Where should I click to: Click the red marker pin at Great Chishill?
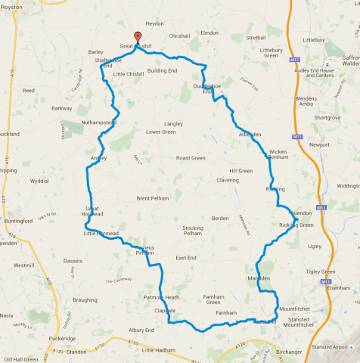pyautogui.click(x=137, y=37)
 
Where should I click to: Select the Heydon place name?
pyautogui.click(x=154, y=23)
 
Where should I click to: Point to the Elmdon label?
pyautogui.click(x=209, y=33)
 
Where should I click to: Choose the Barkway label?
pyautogui.click(x=62, y=108)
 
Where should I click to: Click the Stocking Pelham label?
pyautogui.click(x=193, y=231)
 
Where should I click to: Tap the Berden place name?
pyautogui.click(x=220, y=218)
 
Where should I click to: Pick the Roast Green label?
pyautogui.click(x=191, y=158)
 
